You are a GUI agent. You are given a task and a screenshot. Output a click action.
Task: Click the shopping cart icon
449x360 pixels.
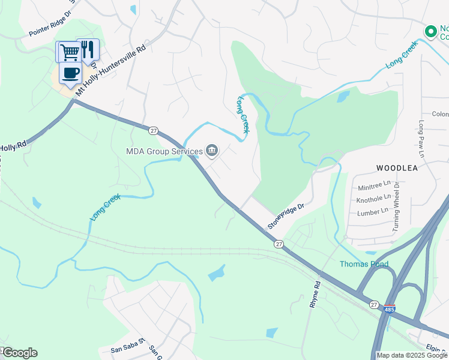[69, 52]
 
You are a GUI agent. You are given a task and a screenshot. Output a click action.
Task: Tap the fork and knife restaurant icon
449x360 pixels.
[88, 50]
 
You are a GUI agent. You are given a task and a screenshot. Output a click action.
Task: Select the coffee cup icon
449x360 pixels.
[70, 73]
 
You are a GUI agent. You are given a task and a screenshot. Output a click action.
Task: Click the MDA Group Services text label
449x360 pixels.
[164, 151]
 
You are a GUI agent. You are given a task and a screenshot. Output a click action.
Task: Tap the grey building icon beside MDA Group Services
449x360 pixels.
[211, 151]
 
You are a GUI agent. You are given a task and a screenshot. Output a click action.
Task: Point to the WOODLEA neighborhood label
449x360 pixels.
[397, 168]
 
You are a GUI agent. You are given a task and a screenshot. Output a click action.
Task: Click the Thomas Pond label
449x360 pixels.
[364, 264]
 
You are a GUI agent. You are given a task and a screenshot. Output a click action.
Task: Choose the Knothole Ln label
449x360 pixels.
[373, 199]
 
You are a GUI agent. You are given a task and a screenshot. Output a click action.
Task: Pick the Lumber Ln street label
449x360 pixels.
[372, 212]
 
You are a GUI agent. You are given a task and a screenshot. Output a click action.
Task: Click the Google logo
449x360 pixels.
[19, 353]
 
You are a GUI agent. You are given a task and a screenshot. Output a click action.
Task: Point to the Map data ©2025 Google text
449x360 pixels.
[412, 355]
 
